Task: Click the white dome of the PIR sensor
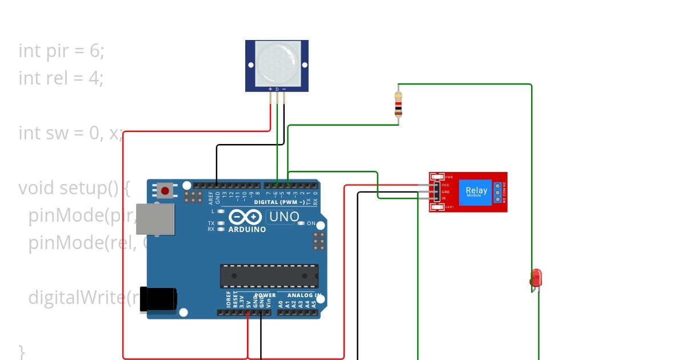point(277,63)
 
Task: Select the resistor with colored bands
point(398,104)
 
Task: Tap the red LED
point(536,278)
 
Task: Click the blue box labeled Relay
point(476,192)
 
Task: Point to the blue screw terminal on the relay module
point(498,192)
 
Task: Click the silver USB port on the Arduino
point(155,219)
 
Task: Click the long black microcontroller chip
point(269,276)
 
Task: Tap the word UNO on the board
point(284,217)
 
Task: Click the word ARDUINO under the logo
point(247,230)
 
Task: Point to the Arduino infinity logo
point(246,217)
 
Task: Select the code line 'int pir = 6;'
point(62,51)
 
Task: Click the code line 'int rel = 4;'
point(61,78)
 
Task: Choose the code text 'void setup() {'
point(74,188)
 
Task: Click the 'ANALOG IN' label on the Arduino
point(302,295)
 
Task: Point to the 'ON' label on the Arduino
point(311,223)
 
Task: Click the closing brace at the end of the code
point(22,350)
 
